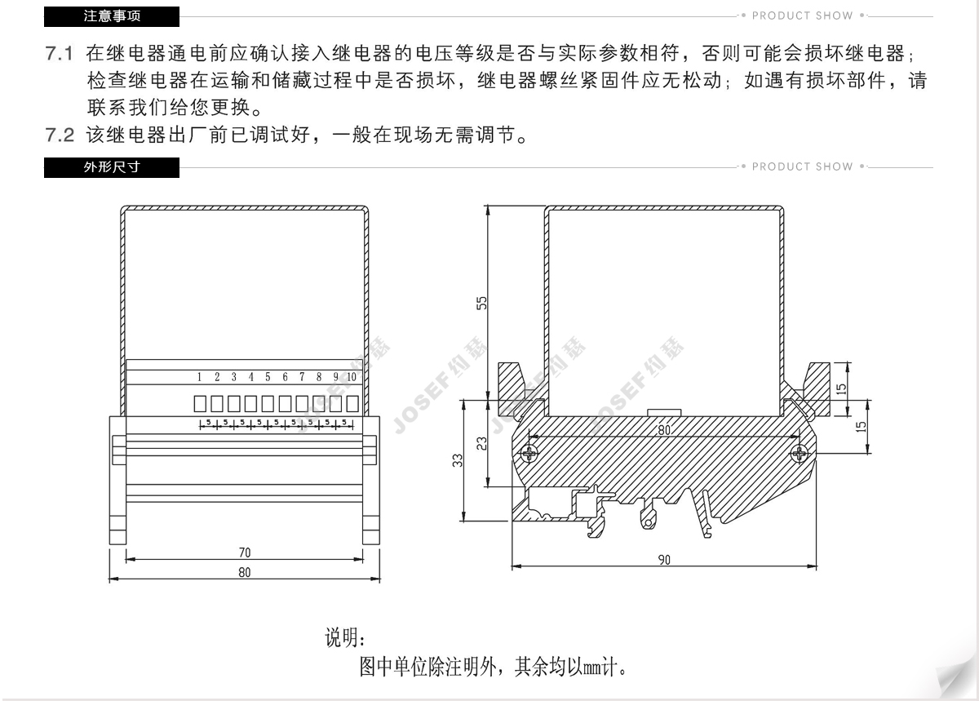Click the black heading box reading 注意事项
112,16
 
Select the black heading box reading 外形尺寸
112,167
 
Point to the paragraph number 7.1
60,55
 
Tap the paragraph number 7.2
60,135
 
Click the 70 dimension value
245,552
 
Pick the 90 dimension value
663,560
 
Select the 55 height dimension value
482,303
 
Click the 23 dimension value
482,443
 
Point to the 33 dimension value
458,461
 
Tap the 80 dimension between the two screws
664,429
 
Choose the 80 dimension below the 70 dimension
245,572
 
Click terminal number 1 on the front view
199,377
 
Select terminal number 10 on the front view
352,377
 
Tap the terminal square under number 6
285,402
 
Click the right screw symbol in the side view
801,452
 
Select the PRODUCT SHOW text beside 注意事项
802,16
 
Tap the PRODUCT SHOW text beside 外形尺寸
802,166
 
